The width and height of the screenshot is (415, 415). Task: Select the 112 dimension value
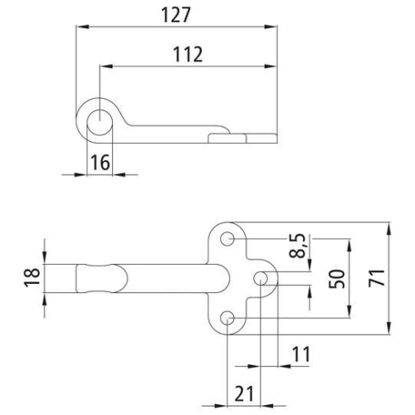(x=189, y=54)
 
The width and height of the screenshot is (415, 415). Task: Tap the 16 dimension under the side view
(x=100, y=163)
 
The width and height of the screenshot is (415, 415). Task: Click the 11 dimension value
(x=300, y=354)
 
